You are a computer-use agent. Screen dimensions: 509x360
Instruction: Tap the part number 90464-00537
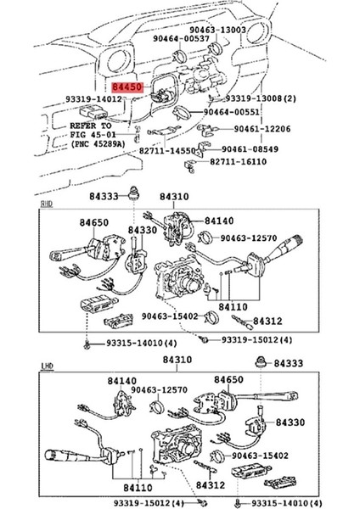[183, 38]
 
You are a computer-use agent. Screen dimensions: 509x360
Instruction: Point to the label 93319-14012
[97, 98]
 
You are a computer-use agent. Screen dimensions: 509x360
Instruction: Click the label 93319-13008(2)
[261, 98]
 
